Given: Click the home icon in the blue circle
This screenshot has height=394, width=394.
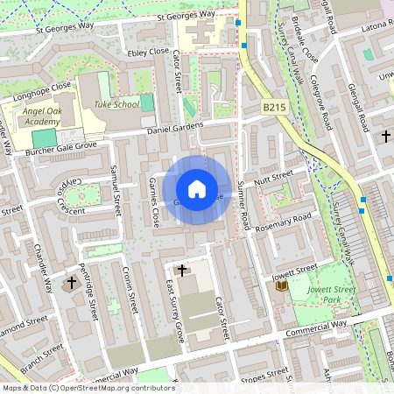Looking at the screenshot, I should (197, 189).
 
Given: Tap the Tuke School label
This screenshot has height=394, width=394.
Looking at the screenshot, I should (116, 104).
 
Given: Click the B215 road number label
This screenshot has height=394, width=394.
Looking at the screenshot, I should (274, 108).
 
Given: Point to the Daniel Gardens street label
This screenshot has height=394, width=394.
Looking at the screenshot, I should (175, 128).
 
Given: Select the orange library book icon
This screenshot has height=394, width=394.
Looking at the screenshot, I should (282, 286).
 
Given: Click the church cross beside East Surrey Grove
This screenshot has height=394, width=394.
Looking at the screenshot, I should (182, 271).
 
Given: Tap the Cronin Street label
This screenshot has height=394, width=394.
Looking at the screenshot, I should (130, 290).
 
